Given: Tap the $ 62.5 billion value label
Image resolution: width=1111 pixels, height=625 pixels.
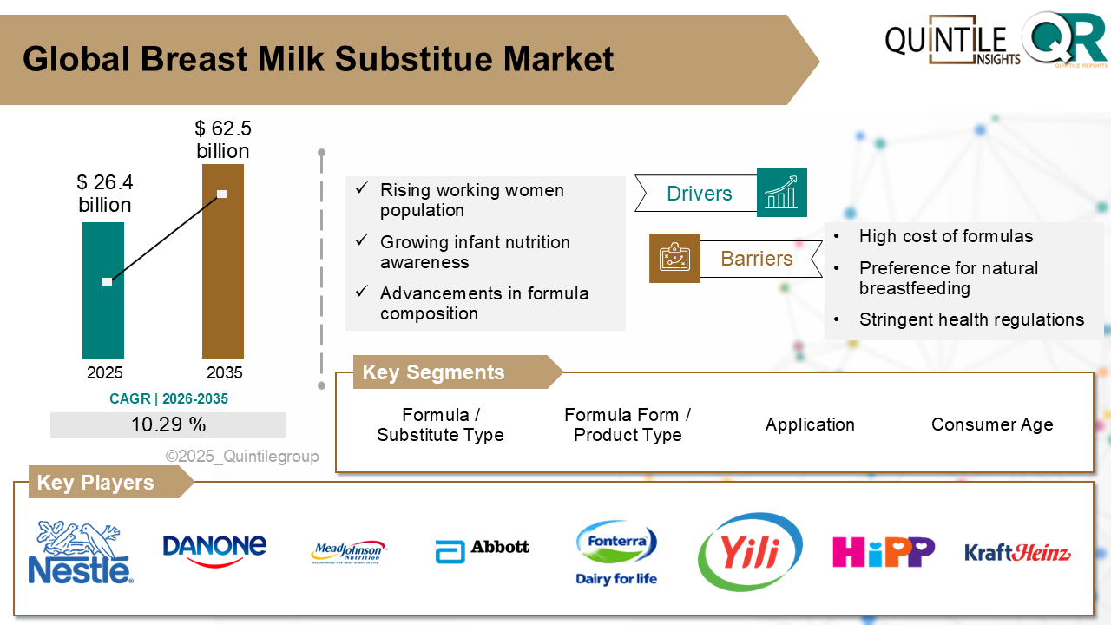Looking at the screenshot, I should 223,141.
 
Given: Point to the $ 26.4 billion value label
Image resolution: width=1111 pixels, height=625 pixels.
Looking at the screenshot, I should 104,194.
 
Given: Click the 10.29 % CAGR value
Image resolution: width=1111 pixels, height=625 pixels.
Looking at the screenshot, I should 168,424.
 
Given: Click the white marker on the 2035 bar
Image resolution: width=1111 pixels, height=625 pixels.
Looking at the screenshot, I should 222,194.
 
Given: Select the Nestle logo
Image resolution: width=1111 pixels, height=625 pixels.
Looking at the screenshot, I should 81,552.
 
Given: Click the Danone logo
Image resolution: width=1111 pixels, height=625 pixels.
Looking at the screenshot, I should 214,549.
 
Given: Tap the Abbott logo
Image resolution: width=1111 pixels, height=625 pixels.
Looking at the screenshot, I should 482,549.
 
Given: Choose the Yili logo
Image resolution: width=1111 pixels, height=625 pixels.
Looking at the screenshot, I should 750,551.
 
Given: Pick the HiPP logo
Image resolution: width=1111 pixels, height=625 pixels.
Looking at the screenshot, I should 883,551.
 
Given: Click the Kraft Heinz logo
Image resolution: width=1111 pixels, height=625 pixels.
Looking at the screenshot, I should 1017,552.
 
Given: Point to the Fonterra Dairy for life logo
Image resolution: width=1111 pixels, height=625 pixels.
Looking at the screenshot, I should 616,552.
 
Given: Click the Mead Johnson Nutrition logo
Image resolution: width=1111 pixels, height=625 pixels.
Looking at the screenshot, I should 348,552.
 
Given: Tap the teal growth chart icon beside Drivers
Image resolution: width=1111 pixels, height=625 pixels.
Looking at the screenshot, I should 781,193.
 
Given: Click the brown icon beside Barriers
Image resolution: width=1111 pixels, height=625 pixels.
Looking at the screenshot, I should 674,258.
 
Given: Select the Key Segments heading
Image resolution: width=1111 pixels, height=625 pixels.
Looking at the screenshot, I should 433,372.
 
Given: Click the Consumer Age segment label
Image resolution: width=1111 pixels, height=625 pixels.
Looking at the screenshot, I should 992,424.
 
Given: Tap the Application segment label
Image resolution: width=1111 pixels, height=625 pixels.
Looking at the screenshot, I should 810,424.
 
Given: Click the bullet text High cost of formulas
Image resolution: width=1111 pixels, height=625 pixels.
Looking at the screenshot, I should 946,236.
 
